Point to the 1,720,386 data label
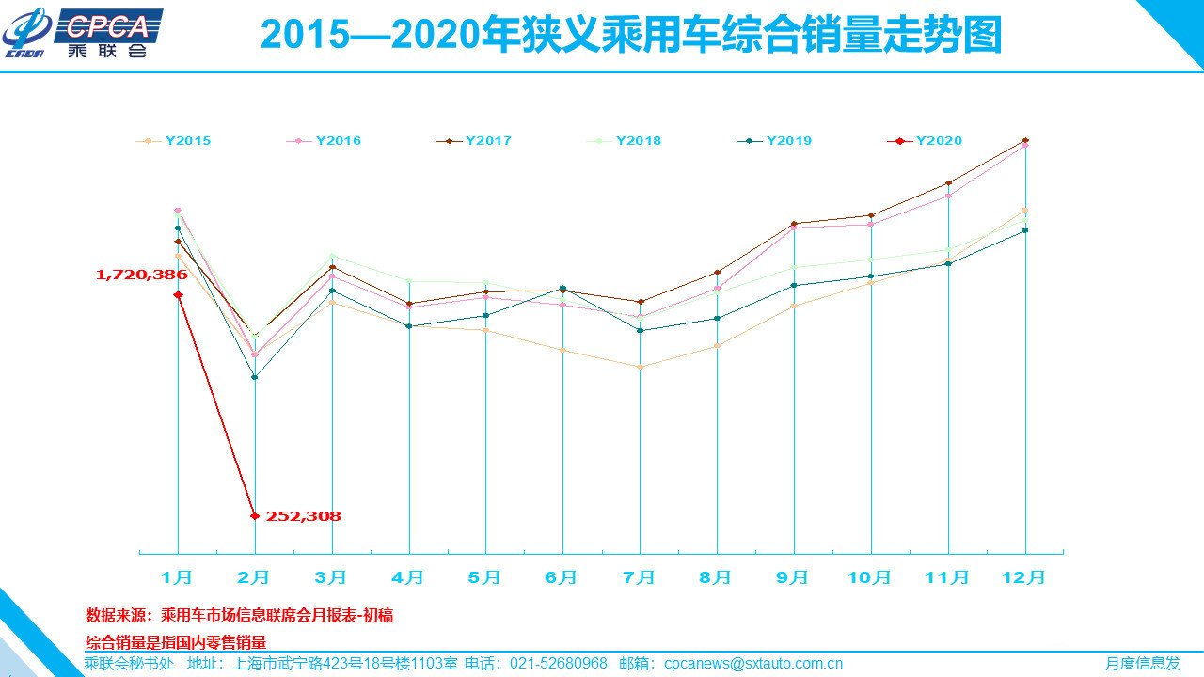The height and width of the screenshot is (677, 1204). (141, 275)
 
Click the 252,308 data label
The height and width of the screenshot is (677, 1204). (303, 516)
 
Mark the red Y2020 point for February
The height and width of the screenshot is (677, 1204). (255, 515)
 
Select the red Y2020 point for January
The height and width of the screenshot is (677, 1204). (178, 295)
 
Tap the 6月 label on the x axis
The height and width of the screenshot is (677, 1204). (562, 577)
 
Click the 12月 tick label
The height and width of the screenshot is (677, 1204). (1023, 577)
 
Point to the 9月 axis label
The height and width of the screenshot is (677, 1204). (793, 577)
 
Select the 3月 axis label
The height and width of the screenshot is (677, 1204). (330, 577)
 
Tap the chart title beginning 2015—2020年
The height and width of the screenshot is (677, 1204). (630, 36)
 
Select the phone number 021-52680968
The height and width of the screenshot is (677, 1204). (558, 664)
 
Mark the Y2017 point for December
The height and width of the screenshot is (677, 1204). (1025, 140)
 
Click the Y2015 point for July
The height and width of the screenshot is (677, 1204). (640, 367)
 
